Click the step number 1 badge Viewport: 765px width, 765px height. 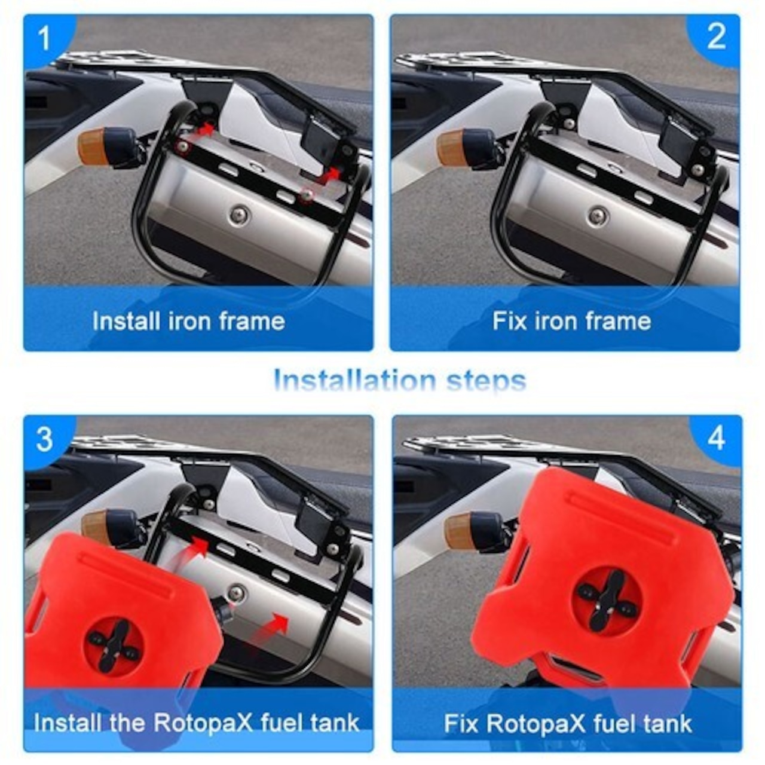tap(44, 38)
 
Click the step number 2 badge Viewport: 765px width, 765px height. tap(716, 38)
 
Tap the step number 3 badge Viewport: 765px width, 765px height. tap(44, 439)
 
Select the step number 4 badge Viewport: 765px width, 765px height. tap(717, 439)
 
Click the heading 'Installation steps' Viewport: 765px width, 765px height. tap(400, 381)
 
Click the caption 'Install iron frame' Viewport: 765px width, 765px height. tap(189, 321)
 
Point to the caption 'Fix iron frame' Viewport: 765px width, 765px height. tap(572, 321)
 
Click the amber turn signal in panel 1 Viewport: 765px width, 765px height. tap(93, 145)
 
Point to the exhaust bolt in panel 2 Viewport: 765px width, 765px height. tap(598, 216)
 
